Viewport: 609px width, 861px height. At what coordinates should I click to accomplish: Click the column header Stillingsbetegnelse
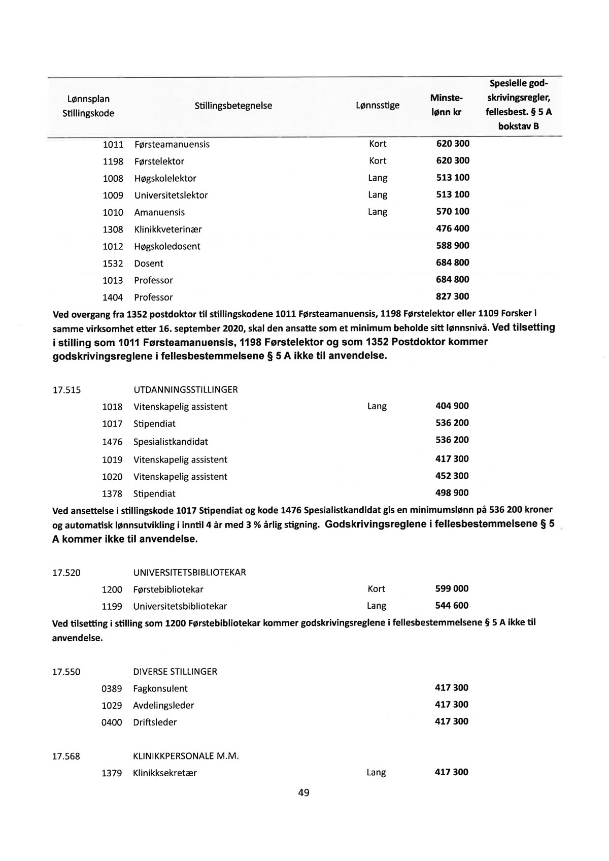pyautogui.click(x=233, y=106)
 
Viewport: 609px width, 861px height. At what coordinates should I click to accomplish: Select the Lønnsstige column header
pyautogui.click(x=377, y=106)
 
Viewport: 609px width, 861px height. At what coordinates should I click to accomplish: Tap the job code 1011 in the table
pyautogui.click(x=113, y=144)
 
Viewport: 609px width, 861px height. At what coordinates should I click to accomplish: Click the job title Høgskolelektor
pyautogui.click(x=165, y=178)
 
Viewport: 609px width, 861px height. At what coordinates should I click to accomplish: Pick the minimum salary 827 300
pyautogui.click(x=453, y=296)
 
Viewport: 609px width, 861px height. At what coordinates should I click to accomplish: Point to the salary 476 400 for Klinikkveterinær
pyautogui.click(x=453, y=228)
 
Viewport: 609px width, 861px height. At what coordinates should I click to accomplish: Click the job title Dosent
pyautogui.click(x=149, y=263)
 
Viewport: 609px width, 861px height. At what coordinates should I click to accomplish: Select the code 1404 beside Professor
pyautogui.click(x=113, y=297)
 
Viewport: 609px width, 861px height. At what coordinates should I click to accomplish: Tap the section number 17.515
pyautogui.click(x=66, y=390)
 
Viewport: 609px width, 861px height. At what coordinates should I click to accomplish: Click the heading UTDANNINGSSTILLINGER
pyautogui.click(x=185, y=390)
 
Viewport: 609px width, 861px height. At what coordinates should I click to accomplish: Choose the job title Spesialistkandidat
pyautogui.click(x=171, y=442)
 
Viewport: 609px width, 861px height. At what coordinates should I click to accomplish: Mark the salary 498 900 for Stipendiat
pyautogui.click(x=452, y=493)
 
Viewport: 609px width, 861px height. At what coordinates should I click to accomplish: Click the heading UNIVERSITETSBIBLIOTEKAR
pyautogui.click(x=189, y=572)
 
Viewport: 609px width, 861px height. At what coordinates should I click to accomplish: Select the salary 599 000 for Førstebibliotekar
pyautogui.click(x=452, y=589)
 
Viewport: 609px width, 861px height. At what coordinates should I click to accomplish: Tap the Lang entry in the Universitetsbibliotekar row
pyautogui.click(x=377, y=606)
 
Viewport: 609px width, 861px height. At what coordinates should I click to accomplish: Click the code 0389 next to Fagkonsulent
pyautogui.click(x=112, y=689)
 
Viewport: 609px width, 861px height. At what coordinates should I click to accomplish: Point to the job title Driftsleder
pyautogui.click(x=155, y=722)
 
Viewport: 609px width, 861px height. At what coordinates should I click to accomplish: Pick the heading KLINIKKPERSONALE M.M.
pyautogui.click(x=186, y=756)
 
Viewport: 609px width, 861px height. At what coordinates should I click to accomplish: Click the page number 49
pyautogui.click(x=304, y=793)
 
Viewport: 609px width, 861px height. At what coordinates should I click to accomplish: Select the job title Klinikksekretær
pyautogui.click(x=164, y=773)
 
